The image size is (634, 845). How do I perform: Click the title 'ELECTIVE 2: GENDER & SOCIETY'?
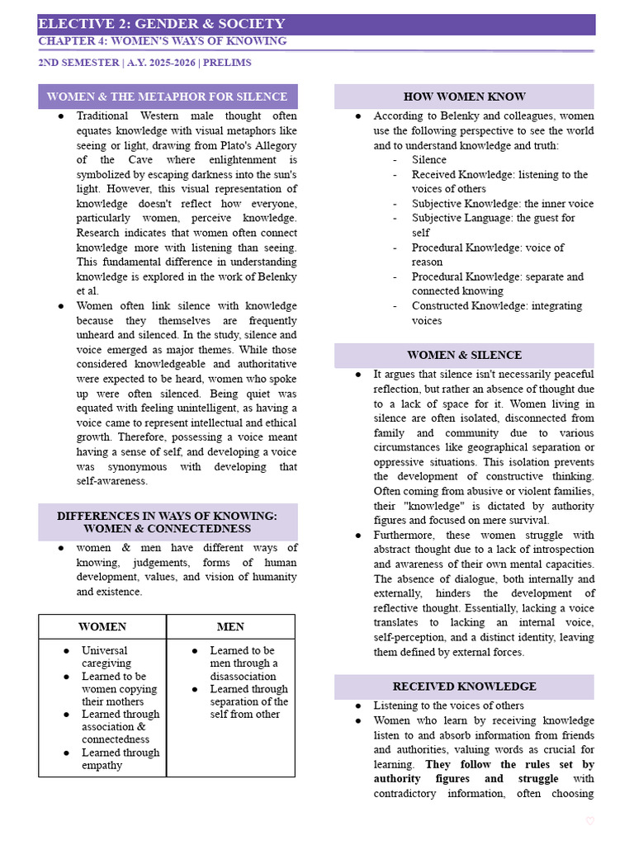point(162,24)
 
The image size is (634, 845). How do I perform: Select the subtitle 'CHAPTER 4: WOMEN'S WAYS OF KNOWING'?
point(163,41)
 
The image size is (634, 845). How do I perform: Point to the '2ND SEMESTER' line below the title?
point(144,63)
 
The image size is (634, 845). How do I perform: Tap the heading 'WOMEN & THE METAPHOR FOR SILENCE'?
point(168,97)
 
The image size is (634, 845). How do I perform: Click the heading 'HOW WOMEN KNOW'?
point(464,97)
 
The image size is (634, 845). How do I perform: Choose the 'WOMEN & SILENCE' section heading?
point(464,355)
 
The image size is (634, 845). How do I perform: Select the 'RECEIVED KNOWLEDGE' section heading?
point(464,686)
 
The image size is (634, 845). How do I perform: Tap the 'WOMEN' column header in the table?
point(102,626)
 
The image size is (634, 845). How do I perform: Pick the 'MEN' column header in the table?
point(230,626)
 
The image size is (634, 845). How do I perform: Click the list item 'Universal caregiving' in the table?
point(106,657)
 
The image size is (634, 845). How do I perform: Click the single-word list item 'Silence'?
point(429,159)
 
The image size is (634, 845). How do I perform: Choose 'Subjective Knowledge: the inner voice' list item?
point(502,203)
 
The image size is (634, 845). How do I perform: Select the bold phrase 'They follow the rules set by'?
point(509,764)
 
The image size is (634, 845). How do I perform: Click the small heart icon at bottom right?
point(589,820)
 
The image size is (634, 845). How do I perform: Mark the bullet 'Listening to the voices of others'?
point(448,706)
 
